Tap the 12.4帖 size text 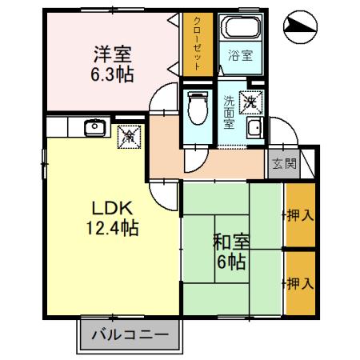pyautogui.click(x=112, y=228)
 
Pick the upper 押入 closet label pyautogui.click(x=298, y=215)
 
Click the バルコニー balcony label pyautogui.click(x=129, y=334)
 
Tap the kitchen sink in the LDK pyautogui.click(x=94, y=126)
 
